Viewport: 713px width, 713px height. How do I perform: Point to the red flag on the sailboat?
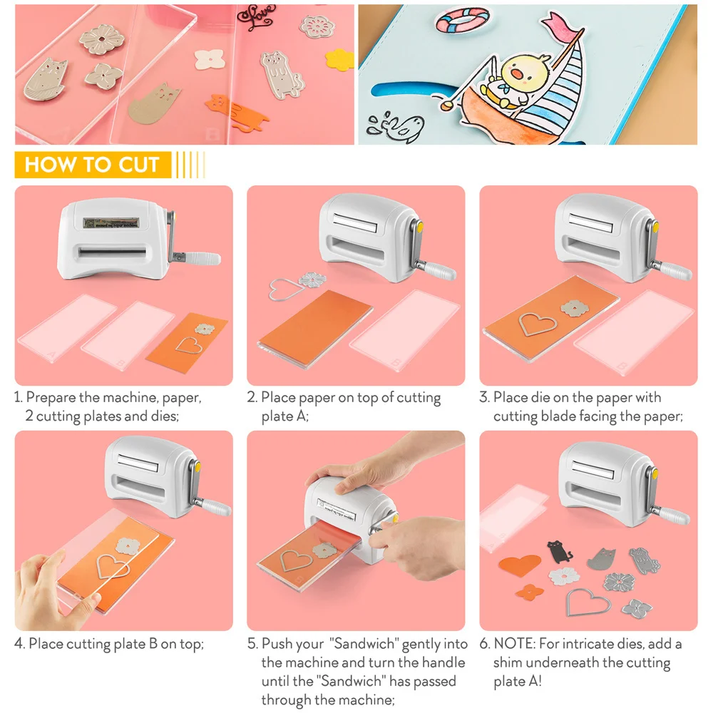click(x=564, y=26)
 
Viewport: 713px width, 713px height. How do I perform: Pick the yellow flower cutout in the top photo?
click(x=340, y=58)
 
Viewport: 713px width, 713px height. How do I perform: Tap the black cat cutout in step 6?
click(x=558, y=552)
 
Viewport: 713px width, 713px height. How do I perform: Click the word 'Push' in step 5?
click(x=277, y=644)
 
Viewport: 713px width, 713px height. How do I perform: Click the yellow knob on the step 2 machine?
click(x=419, y=227)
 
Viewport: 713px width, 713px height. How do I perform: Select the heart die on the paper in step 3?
click(x=538, y=324)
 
